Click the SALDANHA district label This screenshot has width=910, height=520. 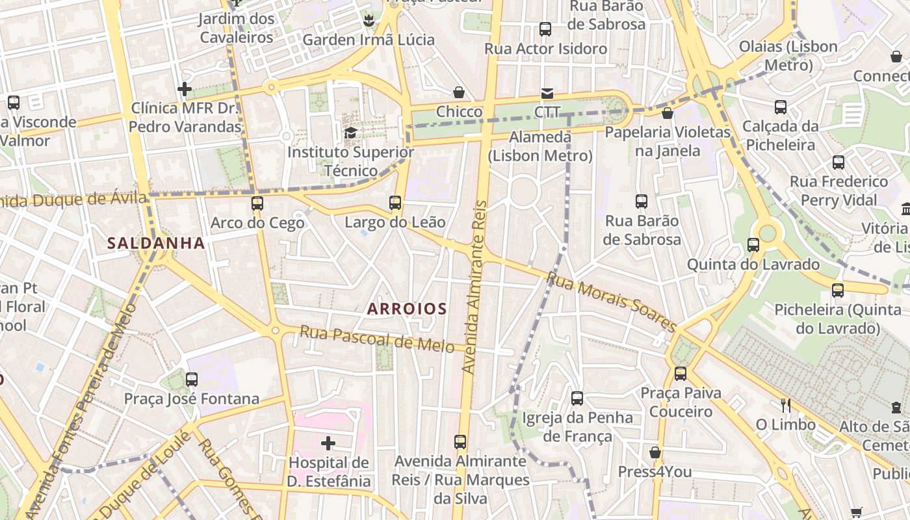[x=156, y=243]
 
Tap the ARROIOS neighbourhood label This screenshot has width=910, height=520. [x=407, y=309]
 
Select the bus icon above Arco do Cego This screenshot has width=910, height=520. [x=257, y=203]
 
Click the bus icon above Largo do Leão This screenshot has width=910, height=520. [x=395, y=203]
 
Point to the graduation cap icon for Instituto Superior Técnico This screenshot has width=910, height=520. [x=350, y=133]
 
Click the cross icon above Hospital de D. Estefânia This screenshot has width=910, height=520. [x=328, y=443]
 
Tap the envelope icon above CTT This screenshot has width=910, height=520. [x=547, y=94]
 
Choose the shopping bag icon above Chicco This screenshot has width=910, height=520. [x=459, y=92]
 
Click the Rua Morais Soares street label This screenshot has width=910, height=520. [x=612, y=302]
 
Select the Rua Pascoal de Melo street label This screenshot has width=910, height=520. [x=377, y=339]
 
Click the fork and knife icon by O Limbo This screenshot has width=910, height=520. [x=786, y=406]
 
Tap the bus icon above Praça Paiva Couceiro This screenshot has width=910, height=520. [x=681, y=374]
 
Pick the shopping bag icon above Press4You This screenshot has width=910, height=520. [x=655, y=452]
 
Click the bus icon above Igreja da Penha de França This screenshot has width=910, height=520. [x=577, y=398]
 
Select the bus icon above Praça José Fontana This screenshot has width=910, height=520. [x=192, y=379]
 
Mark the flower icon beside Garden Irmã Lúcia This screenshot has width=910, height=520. [x=369, y=21]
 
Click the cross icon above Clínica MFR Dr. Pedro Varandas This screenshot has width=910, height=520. [x=185, y=89]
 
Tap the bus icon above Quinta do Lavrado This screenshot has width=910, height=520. [x=753, y=245]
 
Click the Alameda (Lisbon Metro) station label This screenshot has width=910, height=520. [x=540, y=146]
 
